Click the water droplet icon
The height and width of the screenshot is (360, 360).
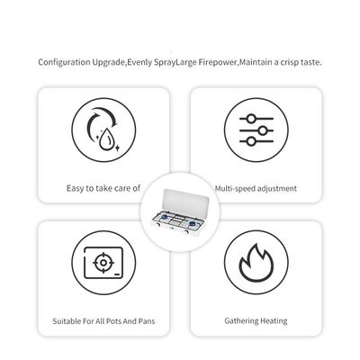[x=106, y=139]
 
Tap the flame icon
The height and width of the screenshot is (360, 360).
[x=256, y=263]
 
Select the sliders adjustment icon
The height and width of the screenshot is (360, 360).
[x=256, y=130]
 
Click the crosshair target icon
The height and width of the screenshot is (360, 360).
[x=103, y=263]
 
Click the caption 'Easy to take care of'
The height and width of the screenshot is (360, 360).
[x=103, y=188]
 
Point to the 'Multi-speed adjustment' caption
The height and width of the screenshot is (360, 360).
[x=256, y=189]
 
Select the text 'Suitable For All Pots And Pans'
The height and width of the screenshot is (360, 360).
[x=103, y=321]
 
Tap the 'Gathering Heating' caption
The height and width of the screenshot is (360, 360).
[x=256, y=321]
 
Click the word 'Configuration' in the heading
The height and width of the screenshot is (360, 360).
[x=64, y=62]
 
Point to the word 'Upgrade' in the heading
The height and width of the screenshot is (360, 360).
[x=108, y=63]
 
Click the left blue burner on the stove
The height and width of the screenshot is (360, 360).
[x=164, y=217]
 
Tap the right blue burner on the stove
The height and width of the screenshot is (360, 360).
[x=193, y=223]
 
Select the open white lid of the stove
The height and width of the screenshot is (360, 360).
[x=184, y=200]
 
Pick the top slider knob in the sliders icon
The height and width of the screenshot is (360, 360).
[x=251, y=119]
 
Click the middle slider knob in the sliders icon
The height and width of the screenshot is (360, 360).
[x=263, y=130]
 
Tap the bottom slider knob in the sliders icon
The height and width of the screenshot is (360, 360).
[x=251, y=141]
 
